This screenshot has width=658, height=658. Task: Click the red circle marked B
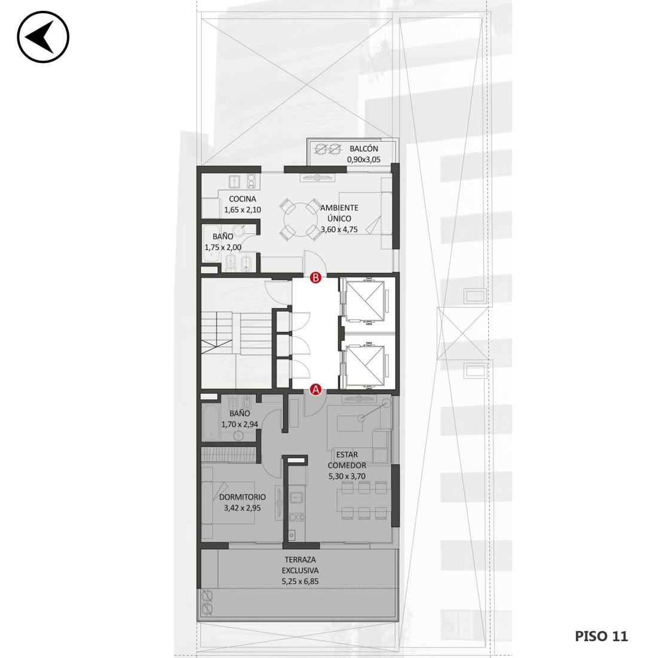[x=316, y=278]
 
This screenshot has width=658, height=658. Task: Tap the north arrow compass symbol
[x=43, y=37]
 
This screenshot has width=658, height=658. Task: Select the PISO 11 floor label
[x=601, y=636]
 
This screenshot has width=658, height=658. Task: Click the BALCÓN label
[x=364, y=148]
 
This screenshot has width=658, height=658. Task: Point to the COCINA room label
[x=242, y=199]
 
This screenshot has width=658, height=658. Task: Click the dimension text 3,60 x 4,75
[x=339, y=230]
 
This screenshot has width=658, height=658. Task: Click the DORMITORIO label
[x=242, y=497]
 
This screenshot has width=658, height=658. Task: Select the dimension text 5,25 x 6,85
[x=300, y=581]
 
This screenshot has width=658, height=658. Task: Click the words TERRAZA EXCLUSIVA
[x=300, y=565]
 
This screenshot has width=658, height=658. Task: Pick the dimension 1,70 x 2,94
[x=240, y=424]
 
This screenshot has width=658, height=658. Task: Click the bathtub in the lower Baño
[x=210, y=422]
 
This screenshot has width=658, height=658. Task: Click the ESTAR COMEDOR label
[x=347, y=460]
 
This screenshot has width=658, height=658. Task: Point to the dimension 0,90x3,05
[x=364, y=160]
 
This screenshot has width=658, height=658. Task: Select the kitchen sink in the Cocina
[x=234, y=182]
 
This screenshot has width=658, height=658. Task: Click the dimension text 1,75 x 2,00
[x=223, y=247]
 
